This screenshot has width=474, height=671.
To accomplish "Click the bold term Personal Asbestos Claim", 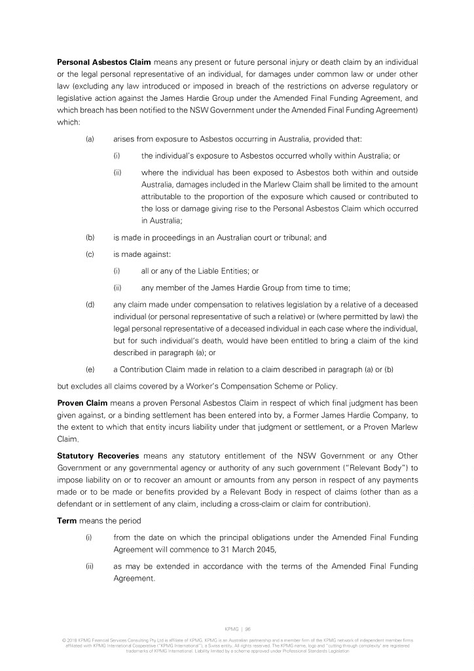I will click(x=104, y=62).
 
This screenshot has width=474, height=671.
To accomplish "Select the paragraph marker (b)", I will click(x=90, y=238).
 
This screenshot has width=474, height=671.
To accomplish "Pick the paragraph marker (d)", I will click(x=90, y=304).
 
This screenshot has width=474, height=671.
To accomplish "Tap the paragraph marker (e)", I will click(x=90, y=369).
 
